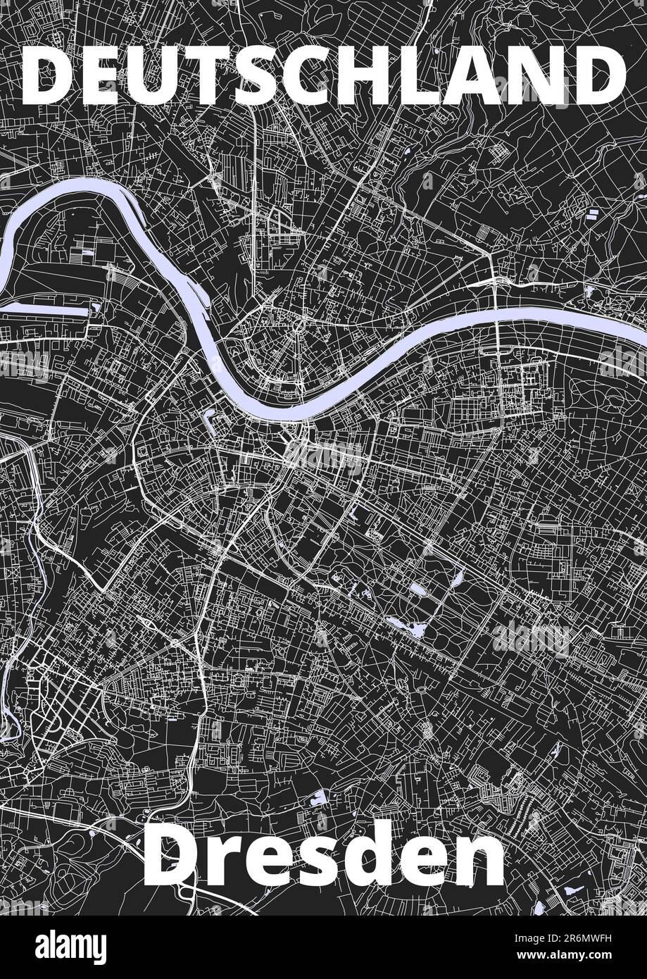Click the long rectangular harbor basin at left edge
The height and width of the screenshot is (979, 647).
[x=49, y=308]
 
